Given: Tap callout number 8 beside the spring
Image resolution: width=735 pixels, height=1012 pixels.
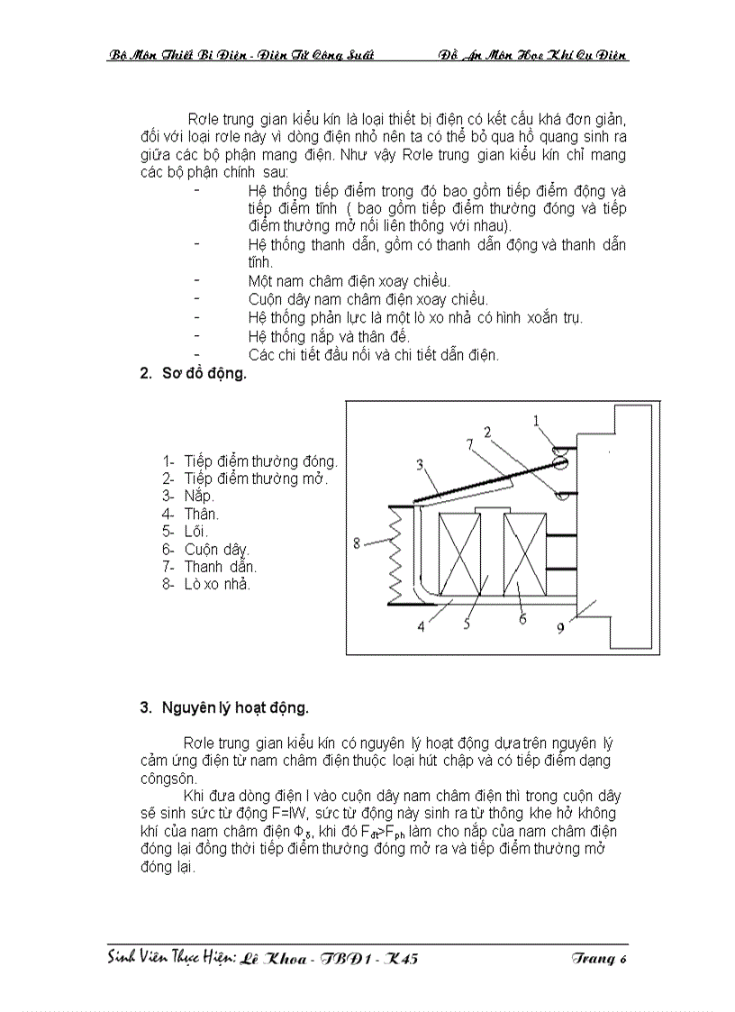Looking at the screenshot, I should tap(358, 542).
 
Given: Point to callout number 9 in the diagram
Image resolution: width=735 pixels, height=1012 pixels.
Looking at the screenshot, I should tap(560, 629).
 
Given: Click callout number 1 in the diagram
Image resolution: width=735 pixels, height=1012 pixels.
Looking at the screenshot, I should tap(536, 420).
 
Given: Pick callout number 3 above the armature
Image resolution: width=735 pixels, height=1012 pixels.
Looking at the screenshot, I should tap(421, 465).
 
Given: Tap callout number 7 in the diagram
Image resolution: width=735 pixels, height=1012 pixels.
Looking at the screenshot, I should tap(469, 444).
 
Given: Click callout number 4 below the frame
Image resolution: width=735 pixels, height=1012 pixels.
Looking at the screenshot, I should tap(421, 627).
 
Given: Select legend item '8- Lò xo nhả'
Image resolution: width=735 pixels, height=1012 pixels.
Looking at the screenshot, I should tap(206, 584).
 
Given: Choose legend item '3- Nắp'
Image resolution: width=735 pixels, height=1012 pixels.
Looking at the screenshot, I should tap(188, 496).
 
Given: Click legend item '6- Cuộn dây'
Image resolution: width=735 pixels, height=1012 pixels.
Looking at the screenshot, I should tap(205, 549).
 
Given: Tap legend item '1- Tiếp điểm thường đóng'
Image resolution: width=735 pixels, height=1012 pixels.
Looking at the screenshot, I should tap(250, 460).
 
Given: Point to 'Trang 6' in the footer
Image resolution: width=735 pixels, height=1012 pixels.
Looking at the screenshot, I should tap(598, 958).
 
